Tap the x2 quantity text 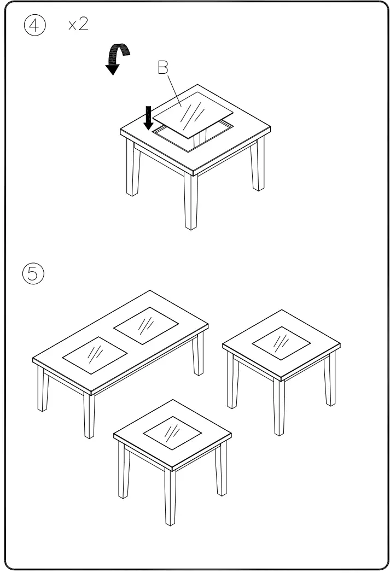[78, 25]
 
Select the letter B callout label [163, 68]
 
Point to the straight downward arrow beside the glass [148, 118]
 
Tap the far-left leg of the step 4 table [131, 169]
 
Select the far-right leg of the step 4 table [258, 167]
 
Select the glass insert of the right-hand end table [281, 343]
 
